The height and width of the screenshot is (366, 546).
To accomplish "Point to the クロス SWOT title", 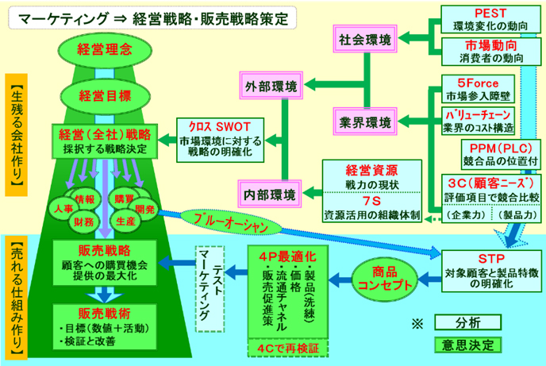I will click(x=206, y=127).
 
